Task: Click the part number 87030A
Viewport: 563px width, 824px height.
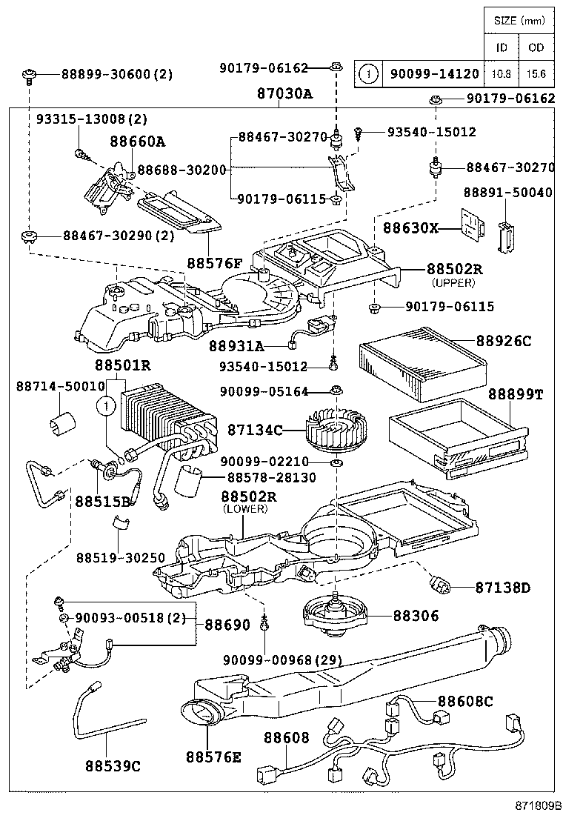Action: [x=284, y=94]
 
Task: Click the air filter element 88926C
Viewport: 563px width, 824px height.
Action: [x=419, y=361]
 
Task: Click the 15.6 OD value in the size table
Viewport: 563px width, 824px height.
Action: [x=536, y=73]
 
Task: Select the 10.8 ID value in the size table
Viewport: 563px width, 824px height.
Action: [x=502, y=73]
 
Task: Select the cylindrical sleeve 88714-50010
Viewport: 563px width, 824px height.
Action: [x=61, y=423]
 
